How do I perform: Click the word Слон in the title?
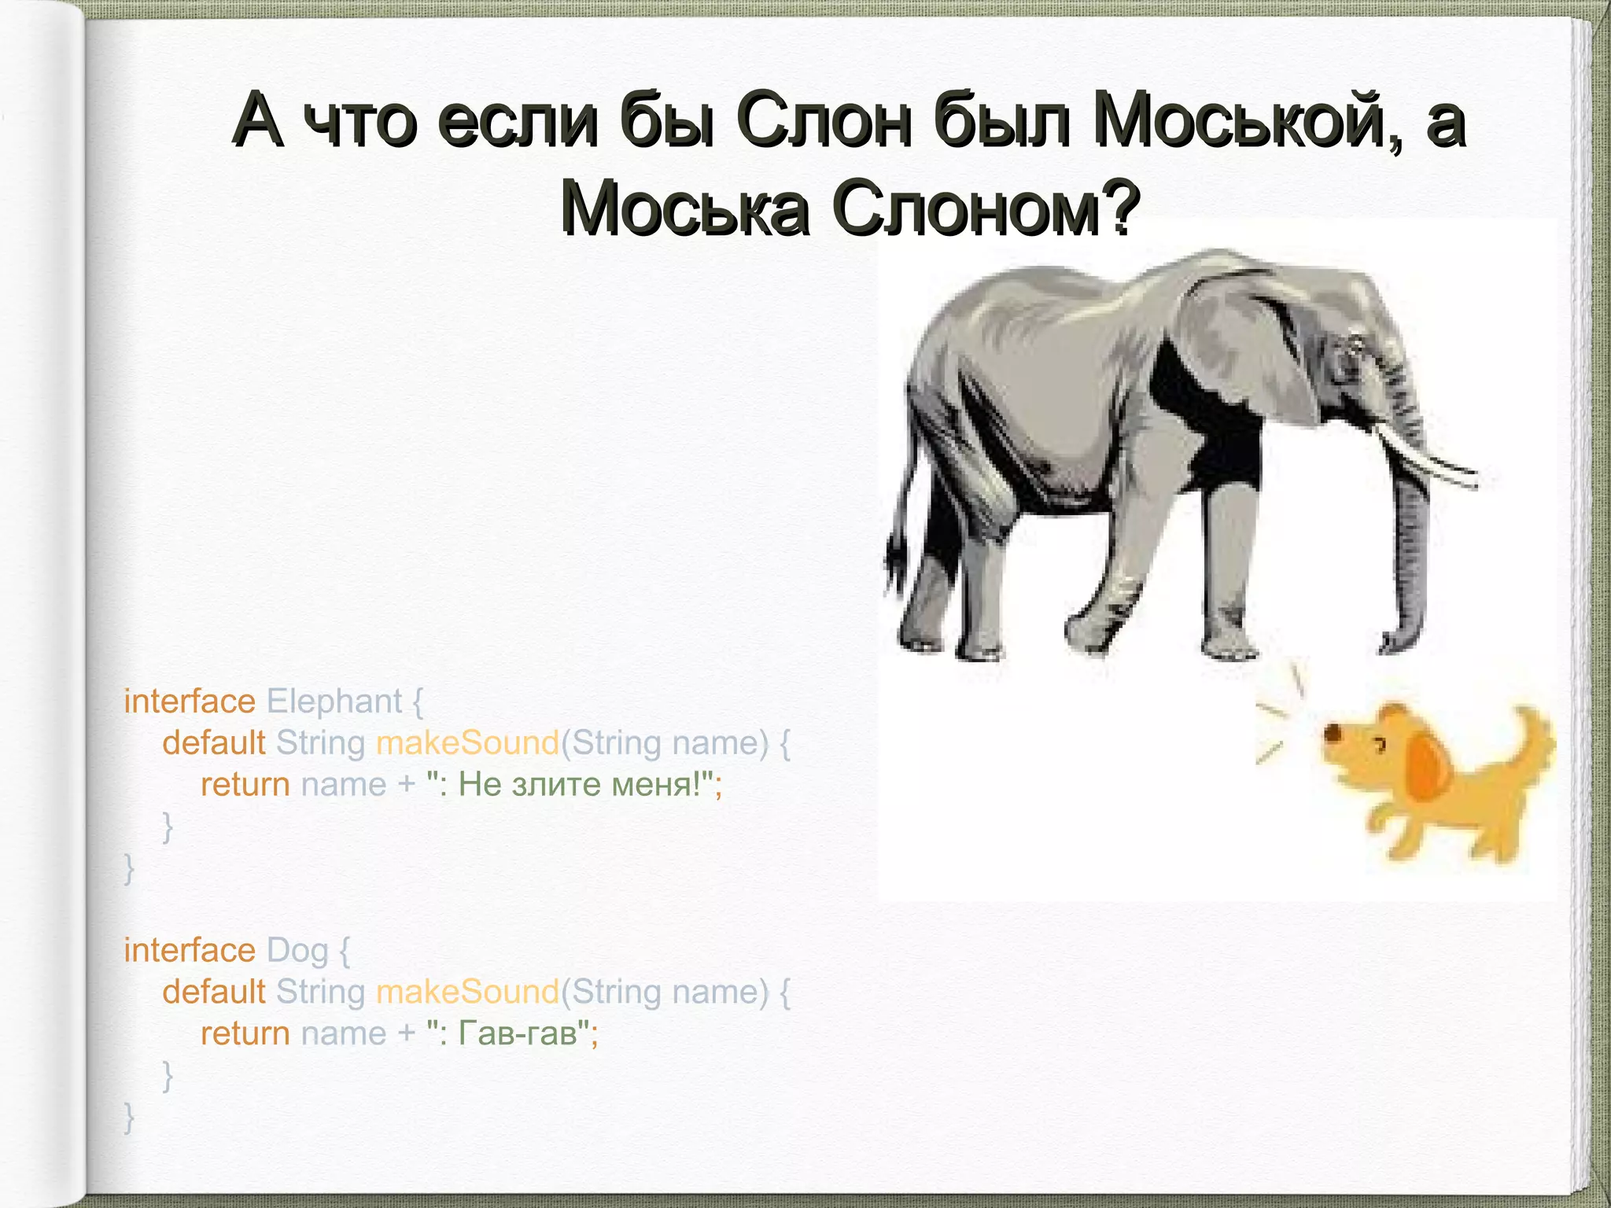[824, 120]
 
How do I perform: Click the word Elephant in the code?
[334, 701]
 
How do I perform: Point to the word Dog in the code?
[297, 950]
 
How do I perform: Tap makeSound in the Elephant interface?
[467, 742]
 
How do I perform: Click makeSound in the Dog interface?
[467, 992]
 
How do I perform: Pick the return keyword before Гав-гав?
[245, 1033]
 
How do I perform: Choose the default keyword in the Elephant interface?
[214, 742]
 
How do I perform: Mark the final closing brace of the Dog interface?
[129, 1117]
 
